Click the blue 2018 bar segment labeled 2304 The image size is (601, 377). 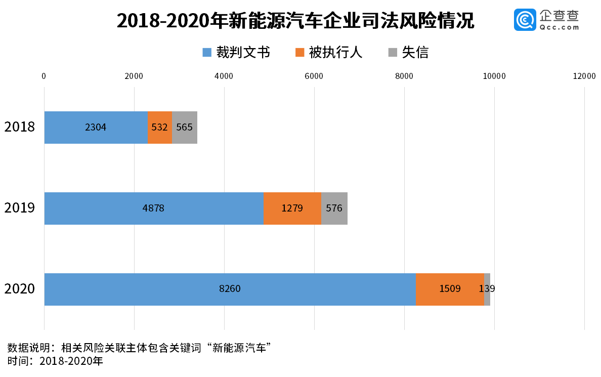click(x=96, y=128)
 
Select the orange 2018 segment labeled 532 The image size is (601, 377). click(x=159, y=128)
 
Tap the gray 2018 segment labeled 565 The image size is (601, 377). click(x=185, y=128)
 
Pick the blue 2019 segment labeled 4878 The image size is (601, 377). click(x=154, y=208)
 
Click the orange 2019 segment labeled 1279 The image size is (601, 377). click(x=292, y=208)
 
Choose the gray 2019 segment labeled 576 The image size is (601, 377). click(x=334, y=208)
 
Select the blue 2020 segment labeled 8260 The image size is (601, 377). click(x=230, y=289)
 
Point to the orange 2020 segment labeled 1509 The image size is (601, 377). click(x=450, y=289)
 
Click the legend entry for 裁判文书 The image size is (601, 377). click(x=236, y=52)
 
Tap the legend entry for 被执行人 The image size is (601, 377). click(x=329, y=52)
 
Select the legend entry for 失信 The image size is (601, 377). click(x=408, y=52)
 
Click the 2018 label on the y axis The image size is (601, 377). click(x=20, y=127)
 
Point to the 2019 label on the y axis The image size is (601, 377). click(x=20, y=207)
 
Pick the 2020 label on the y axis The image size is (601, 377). click(x=20, y=289)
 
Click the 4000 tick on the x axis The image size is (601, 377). click(x=224, y=76)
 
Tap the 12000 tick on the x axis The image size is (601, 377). click(x=584, y=76)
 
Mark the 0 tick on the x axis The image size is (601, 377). click(x=44, y=76)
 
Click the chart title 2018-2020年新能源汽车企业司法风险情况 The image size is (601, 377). click(x=295, y=21)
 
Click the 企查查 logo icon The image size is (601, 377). click(x=525, y=20)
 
